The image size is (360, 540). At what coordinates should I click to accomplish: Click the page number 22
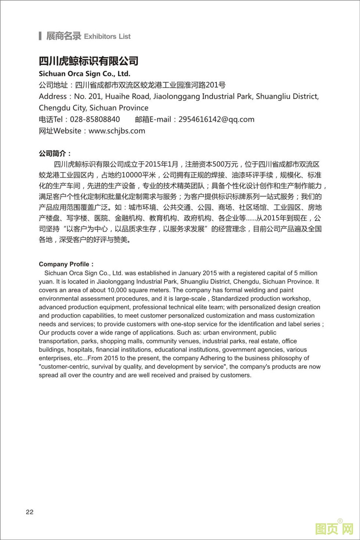pos(30,512)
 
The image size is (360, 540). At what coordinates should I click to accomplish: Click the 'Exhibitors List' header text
pos(107,36)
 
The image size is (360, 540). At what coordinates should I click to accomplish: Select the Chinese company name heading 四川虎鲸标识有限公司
pos(89,61)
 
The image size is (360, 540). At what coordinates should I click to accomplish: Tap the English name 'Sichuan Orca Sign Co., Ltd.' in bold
pos(84,73)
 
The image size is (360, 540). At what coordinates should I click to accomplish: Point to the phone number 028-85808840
pos(95,119)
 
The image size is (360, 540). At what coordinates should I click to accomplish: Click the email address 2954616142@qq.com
pos(216,119)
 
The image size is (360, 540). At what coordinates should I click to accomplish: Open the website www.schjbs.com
pos(117,131)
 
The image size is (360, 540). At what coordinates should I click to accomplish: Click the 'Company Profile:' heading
pos(66,264)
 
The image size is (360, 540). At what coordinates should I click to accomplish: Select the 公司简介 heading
pos(55,153)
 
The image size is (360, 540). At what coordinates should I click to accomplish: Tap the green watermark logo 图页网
pos(334,529)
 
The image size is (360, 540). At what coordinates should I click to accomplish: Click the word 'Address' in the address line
pos(53,97)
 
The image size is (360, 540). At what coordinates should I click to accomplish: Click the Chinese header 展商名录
pos(64,36)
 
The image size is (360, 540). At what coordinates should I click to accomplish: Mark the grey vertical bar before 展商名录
pos(40,36)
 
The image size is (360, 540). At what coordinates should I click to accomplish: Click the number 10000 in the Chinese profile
pos(132,175)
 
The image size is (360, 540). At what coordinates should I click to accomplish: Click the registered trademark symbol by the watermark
pos(340,521)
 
